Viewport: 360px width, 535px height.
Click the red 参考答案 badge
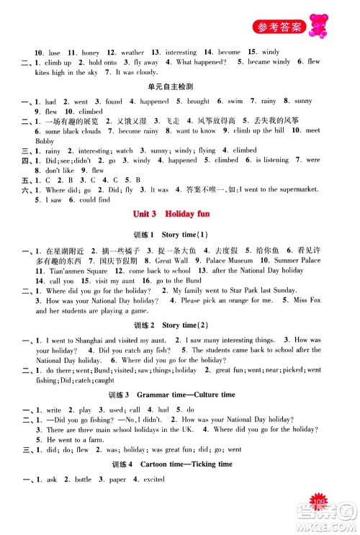click(285, 28)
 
